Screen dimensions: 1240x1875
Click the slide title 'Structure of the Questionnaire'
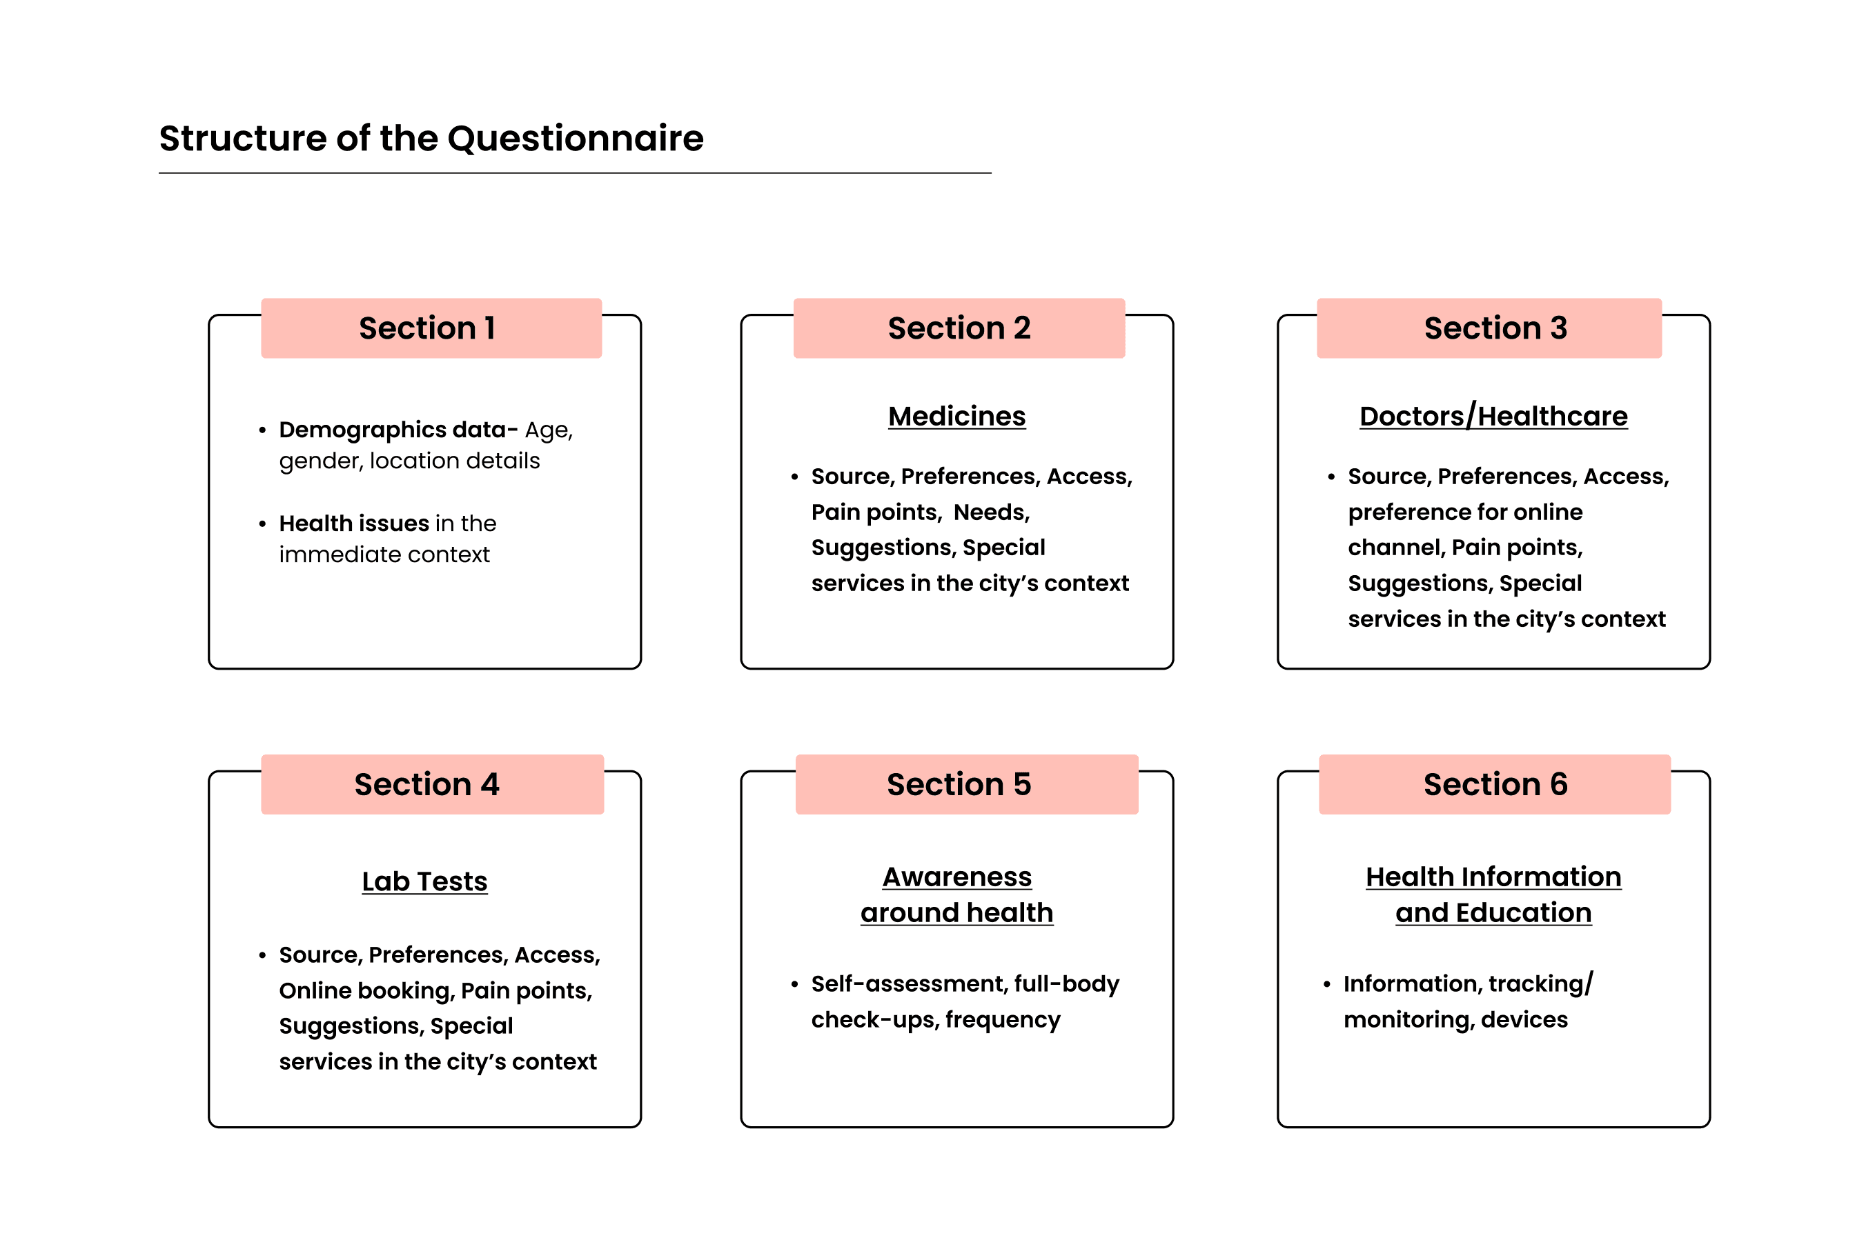(431, 139)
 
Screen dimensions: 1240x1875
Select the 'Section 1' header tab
(431, 328)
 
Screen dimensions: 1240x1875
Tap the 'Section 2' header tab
(959, 328)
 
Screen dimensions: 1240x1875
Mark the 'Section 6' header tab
(1495, 785)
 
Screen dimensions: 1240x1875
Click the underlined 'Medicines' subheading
(956, 416)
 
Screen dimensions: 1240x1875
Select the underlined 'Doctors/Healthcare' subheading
(1493, 416)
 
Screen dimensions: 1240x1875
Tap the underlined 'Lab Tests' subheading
(425, 881)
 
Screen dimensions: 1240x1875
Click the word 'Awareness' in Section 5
(956, 877)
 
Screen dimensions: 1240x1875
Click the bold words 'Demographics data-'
(398, 430)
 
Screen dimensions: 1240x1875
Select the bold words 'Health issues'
(353, 523)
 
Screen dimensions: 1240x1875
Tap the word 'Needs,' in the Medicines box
(991, 512)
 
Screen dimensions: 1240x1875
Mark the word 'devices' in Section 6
(1524, 1019)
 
